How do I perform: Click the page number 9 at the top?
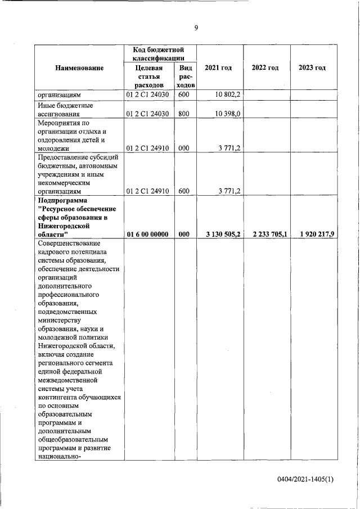196,29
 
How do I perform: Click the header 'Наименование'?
79,68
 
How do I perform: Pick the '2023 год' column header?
312,68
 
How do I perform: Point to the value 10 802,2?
228,95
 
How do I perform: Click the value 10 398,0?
228,114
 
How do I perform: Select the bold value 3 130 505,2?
220,234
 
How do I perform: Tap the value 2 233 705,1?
267,234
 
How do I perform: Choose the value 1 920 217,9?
313,234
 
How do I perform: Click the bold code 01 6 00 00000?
148,234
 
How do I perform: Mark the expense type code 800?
183,114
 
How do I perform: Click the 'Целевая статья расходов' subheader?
148,76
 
